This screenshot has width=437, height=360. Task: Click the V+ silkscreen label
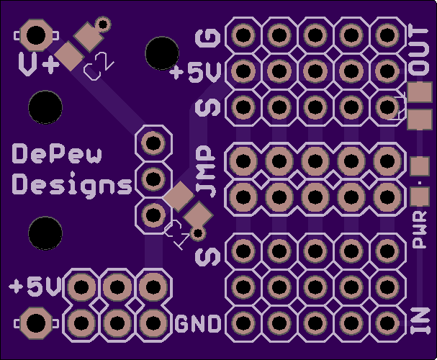[x=39, y=64]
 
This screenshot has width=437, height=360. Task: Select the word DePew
[x=57, y=153]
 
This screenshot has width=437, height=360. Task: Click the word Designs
[x=72, y=184]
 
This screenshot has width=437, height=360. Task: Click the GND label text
[x=198, y=324]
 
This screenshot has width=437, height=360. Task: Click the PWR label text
[x=420, y=230]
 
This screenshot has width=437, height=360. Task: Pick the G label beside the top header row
[x=209, y=38]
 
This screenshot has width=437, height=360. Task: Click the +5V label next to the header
[x=196, y=73]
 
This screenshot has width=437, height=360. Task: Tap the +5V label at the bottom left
[x=35, y=286]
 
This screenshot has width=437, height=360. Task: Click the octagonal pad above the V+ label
[x=36, y=35]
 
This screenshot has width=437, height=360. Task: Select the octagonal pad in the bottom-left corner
[x=36, y=323]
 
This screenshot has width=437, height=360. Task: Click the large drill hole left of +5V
[x=162, y=53]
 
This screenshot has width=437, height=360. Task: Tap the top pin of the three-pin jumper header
[x=153, y=143]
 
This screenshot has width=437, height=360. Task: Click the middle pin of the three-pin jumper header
[x=153, y=179]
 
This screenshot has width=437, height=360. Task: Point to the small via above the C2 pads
[x=103, y=24]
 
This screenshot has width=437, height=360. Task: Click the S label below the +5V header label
[x=209, y=108]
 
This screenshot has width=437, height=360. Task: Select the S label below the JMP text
[x=209, y=256]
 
